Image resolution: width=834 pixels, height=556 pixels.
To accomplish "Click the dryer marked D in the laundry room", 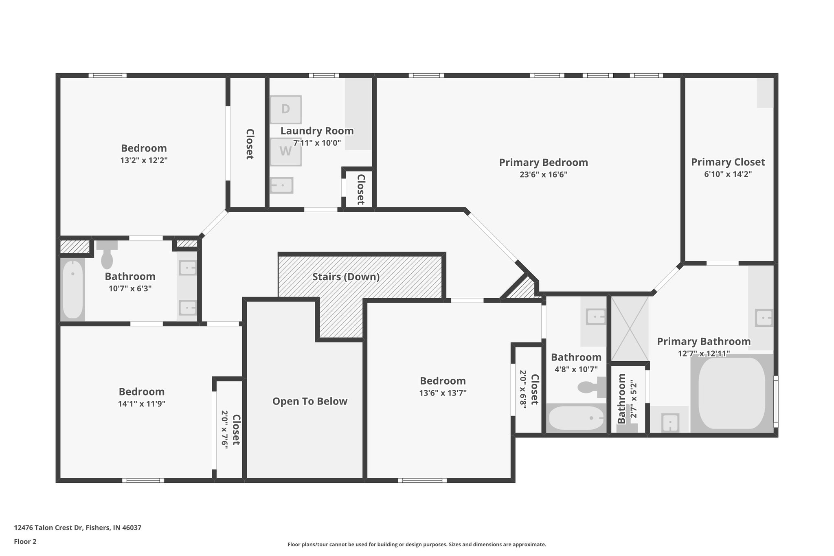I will tap(285, 109).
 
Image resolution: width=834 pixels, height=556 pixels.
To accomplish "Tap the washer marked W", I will tap(285, 151).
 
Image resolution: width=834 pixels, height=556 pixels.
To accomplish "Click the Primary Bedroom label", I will tap(543, 163).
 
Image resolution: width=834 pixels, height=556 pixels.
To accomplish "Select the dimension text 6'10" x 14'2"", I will tap(728, 174).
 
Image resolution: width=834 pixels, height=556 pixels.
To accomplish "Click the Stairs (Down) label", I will tap(346, 277).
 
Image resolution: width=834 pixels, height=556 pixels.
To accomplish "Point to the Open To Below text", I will tap(309, 402).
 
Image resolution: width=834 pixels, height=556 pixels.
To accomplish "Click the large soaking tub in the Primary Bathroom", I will tap(732, 393).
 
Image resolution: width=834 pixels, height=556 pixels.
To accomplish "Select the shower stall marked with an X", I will tap(630, 328).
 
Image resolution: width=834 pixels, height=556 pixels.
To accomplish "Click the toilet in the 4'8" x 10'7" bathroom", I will tap(590, 387).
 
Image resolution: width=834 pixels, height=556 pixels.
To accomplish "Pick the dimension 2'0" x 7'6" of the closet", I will tap(224, 429).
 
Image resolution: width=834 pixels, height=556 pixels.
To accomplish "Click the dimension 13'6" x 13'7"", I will tap(443, 393).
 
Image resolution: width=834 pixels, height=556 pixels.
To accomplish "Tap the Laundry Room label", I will tap(317, 131).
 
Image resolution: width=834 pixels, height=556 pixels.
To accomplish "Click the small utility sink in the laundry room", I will tap(281, 185).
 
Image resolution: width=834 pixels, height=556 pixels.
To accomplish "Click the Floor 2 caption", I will tap(25, 542).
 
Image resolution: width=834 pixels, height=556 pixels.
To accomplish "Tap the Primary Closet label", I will tap(728, 162).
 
